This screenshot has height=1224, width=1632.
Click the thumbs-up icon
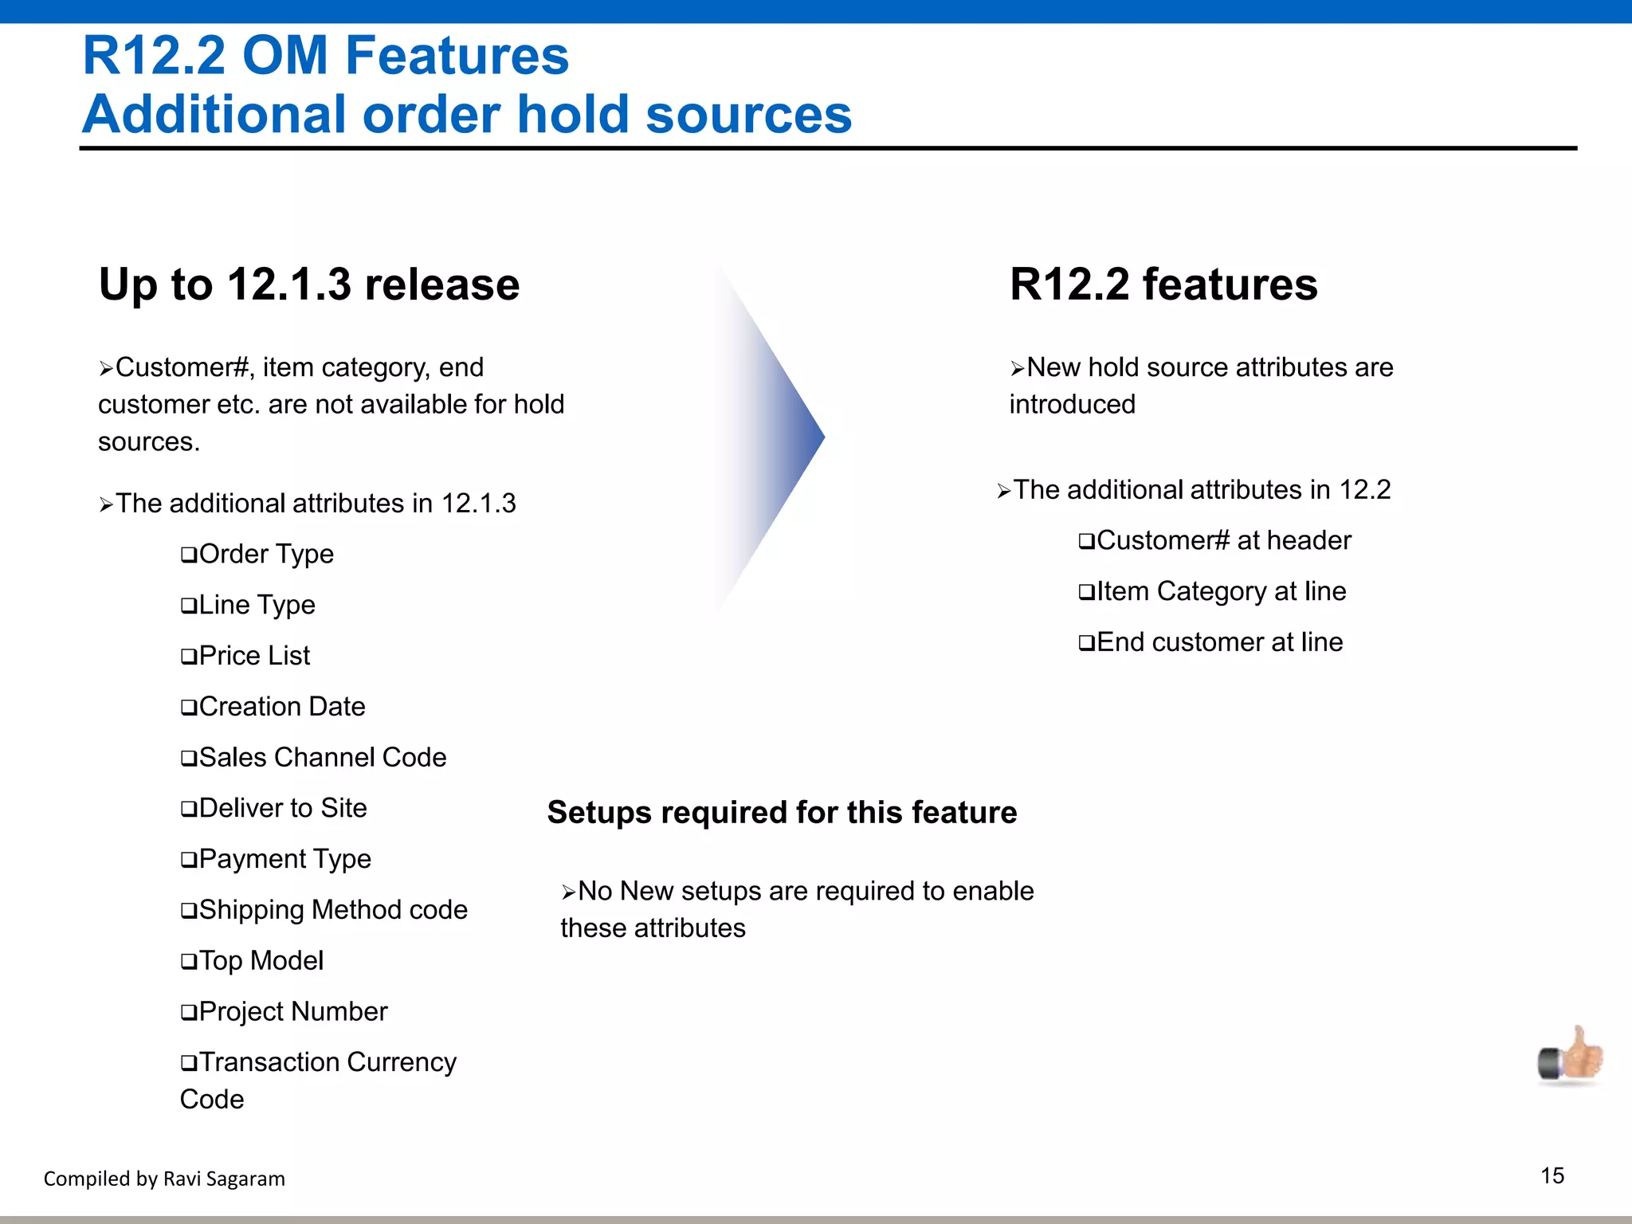(1571, 1057)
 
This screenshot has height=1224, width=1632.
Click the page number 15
(1552, 1175)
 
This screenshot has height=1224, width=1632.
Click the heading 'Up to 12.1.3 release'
(309, 284)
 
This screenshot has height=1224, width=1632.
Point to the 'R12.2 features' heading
(1163, 284)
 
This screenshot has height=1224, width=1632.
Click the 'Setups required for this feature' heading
(782, 813)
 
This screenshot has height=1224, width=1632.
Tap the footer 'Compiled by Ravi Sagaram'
(164, 1179)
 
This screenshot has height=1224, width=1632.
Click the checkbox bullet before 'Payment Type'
(189, 860)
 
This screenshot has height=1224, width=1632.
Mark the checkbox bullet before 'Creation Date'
(189, 708)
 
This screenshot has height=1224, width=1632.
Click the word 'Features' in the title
(457, 56)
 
